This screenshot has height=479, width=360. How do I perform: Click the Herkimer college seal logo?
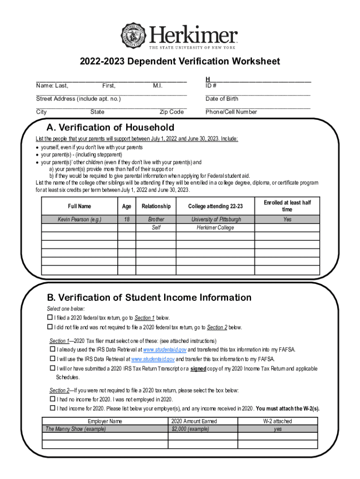(x=135, y=35)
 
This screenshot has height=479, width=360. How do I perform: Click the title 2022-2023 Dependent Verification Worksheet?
(x=180, y=62)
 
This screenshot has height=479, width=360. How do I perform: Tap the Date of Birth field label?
(x=222, y=99)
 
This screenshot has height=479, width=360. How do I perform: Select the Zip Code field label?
(x=172, y=112)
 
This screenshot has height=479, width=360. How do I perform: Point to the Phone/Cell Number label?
(x=231, y=112)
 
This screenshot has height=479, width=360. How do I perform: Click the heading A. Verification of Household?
(x=110, y=128)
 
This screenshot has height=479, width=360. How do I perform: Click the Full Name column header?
(x=79, y=206)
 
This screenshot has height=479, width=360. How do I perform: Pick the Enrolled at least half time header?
(x=287, y=206)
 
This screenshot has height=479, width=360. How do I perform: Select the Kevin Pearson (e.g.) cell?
(x=79, y=219)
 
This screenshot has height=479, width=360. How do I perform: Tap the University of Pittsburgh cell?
(x=216, y=219)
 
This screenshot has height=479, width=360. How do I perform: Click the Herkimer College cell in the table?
(x=216, y=228)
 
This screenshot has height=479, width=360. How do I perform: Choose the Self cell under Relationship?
(x=156, y=228)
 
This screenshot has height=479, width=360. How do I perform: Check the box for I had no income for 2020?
(x=52, y=399)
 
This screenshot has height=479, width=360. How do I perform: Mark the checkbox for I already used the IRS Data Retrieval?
(x=52, y=350)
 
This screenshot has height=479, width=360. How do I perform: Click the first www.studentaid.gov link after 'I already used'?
(x=165, y=350)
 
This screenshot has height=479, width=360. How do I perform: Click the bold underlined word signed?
(x=198, y=369)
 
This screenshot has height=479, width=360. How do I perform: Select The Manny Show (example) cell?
(x=76, y=429)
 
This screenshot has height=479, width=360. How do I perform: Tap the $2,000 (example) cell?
(x=190, y=429)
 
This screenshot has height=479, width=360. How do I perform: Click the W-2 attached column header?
(x=278, y=421)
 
